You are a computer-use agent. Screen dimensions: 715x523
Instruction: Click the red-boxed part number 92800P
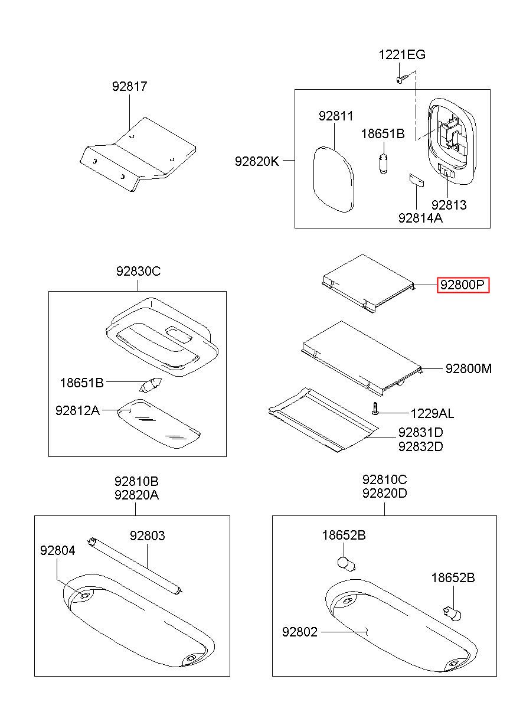pos(463,286)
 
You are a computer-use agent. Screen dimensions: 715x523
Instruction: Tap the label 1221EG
pos(401,55)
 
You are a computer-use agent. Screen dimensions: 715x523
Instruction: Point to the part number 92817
pos(130,86)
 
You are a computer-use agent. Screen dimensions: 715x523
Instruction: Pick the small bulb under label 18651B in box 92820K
pos(383,161)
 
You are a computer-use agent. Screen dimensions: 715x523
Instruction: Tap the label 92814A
pos(420,217)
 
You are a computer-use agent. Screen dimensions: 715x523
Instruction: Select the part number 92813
pos(449,205)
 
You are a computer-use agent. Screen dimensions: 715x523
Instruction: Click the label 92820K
pos(256,160)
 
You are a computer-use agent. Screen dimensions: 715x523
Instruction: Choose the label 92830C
pos(138,272)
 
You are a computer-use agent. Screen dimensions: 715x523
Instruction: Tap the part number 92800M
pos(469,369)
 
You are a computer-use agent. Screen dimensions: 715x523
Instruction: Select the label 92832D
pos(420,446)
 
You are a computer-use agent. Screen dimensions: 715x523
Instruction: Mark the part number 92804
pos(58,550)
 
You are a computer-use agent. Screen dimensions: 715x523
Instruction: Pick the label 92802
pos(300,632)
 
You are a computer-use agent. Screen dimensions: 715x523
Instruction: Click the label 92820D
pos(385,494)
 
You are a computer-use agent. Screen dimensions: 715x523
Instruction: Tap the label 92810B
pos(136,481)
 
